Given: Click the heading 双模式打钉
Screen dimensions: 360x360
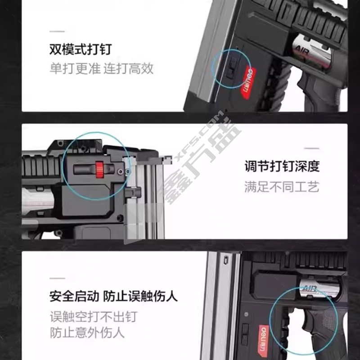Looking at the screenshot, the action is [x=81, y=49].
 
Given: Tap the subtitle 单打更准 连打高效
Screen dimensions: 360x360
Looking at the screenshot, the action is [x=102, y=68].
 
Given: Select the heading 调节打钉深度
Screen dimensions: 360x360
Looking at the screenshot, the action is [x=282, y=166].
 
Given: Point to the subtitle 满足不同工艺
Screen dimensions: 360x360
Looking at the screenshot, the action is [x=282, y=187].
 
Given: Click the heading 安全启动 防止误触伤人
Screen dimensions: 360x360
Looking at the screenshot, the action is [x=113, y=296].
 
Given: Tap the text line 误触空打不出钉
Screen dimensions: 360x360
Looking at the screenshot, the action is [x=94, y=317].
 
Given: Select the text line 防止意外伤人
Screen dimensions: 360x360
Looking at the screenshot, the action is [x=87, y=333].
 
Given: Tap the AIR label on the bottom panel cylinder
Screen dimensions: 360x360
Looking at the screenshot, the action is [x=310, y=289].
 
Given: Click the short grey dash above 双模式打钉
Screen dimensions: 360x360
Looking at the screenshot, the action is [x=57, y=31].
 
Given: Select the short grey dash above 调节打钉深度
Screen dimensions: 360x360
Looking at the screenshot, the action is [x=312, y=148].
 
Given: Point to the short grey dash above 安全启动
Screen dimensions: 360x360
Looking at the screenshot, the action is [x=58, y=278].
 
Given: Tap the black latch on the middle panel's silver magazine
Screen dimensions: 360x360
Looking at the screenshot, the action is [x=133, y=192].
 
